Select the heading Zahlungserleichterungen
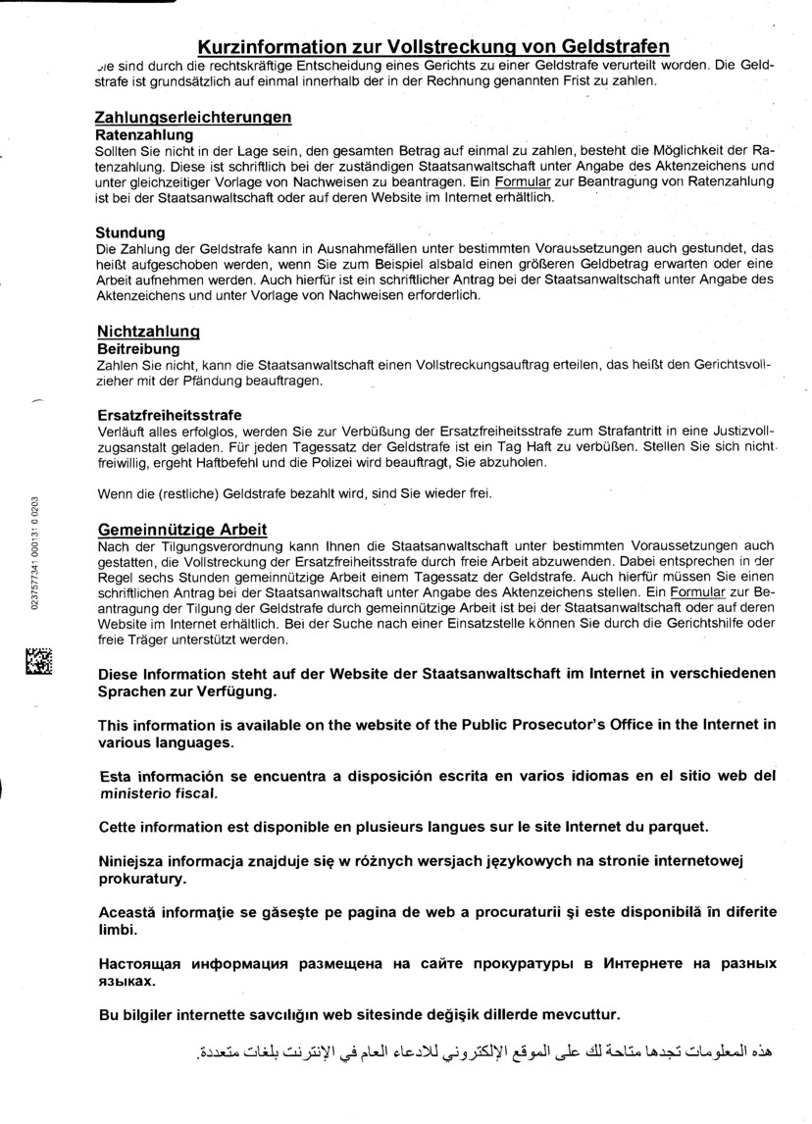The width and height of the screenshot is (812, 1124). pyautogui.click(x=192, y=117)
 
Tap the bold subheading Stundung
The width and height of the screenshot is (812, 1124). pyautogui.click(x=129, y=232)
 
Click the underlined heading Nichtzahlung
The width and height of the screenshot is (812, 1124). pyautogui.click(x=147, y=332)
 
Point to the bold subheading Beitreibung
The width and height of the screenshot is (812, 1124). pyautogui.click(x=137, y=348)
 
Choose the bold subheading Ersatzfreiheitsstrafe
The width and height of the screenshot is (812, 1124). pyautogui.click(x=168, y=415)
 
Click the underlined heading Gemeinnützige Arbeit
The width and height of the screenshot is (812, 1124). pyautogui.click(x=180, y=530)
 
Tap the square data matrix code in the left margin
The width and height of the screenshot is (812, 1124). pyautogui.click(x=38, y=662)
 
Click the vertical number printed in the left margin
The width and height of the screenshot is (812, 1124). pyautogui.click(x=35, y=554)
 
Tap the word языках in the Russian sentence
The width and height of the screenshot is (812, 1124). pyautogui.click(x=127, y=980)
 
